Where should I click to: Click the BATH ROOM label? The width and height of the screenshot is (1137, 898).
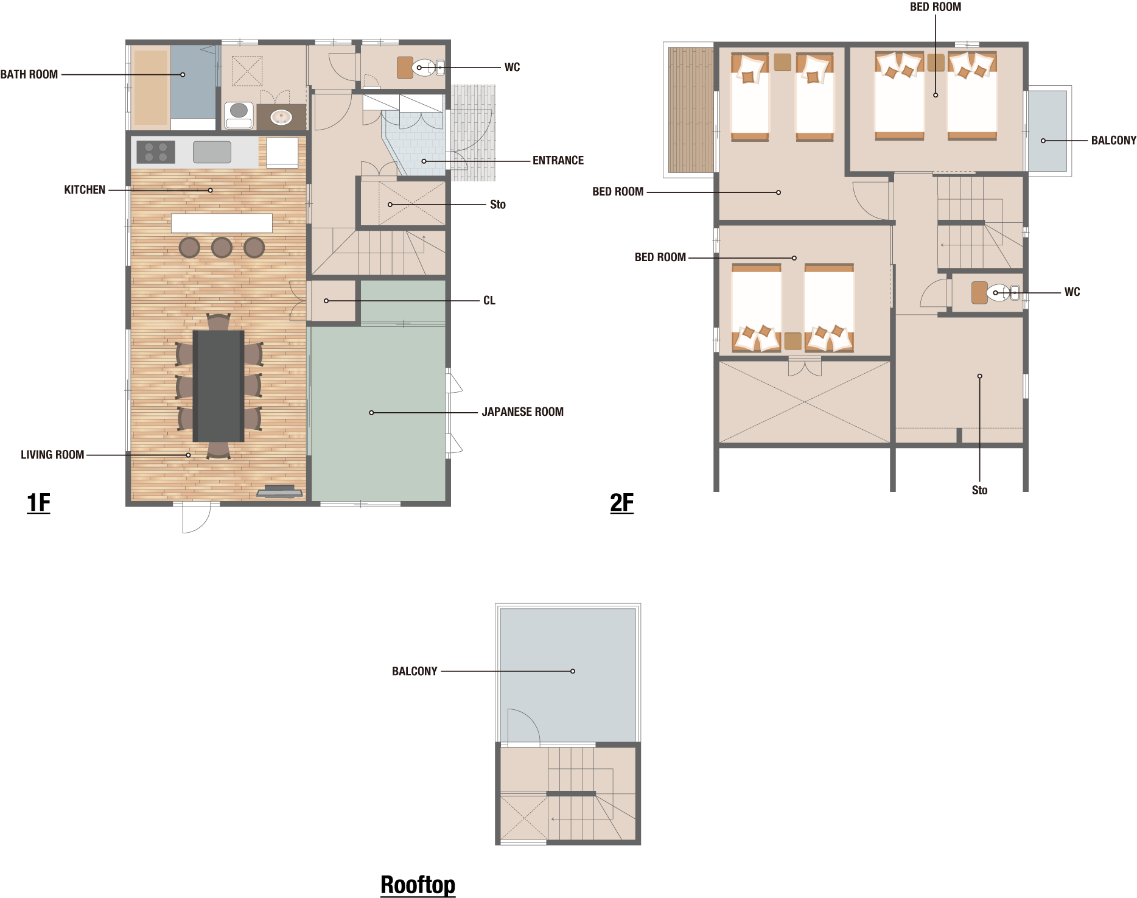point(29,74)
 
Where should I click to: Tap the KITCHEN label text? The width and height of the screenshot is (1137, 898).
point(85,190)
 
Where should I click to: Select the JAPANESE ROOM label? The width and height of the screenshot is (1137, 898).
point(523,412)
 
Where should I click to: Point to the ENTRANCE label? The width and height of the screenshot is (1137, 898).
point(558,161)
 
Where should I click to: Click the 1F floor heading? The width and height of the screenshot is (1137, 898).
point(38,503)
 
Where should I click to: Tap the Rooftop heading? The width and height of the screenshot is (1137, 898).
point(418,885)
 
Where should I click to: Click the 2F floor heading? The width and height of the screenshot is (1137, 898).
point(621,503)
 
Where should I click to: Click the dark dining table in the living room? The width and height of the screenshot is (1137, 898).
point(219,386)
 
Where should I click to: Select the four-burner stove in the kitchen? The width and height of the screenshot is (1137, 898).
point(156,152)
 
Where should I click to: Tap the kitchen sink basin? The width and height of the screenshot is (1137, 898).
point(212,152)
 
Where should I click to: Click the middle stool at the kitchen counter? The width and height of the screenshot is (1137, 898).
point(222,247)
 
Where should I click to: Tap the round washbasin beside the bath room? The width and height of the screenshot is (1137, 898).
point(281,117)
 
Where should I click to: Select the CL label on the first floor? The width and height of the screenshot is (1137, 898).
point(489,301)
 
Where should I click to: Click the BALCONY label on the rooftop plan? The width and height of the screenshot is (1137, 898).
point(415,672)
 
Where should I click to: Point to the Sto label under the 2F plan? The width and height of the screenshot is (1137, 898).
point(979,491)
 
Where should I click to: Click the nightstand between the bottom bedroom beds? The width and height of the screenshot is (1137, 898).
point(792,341)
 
